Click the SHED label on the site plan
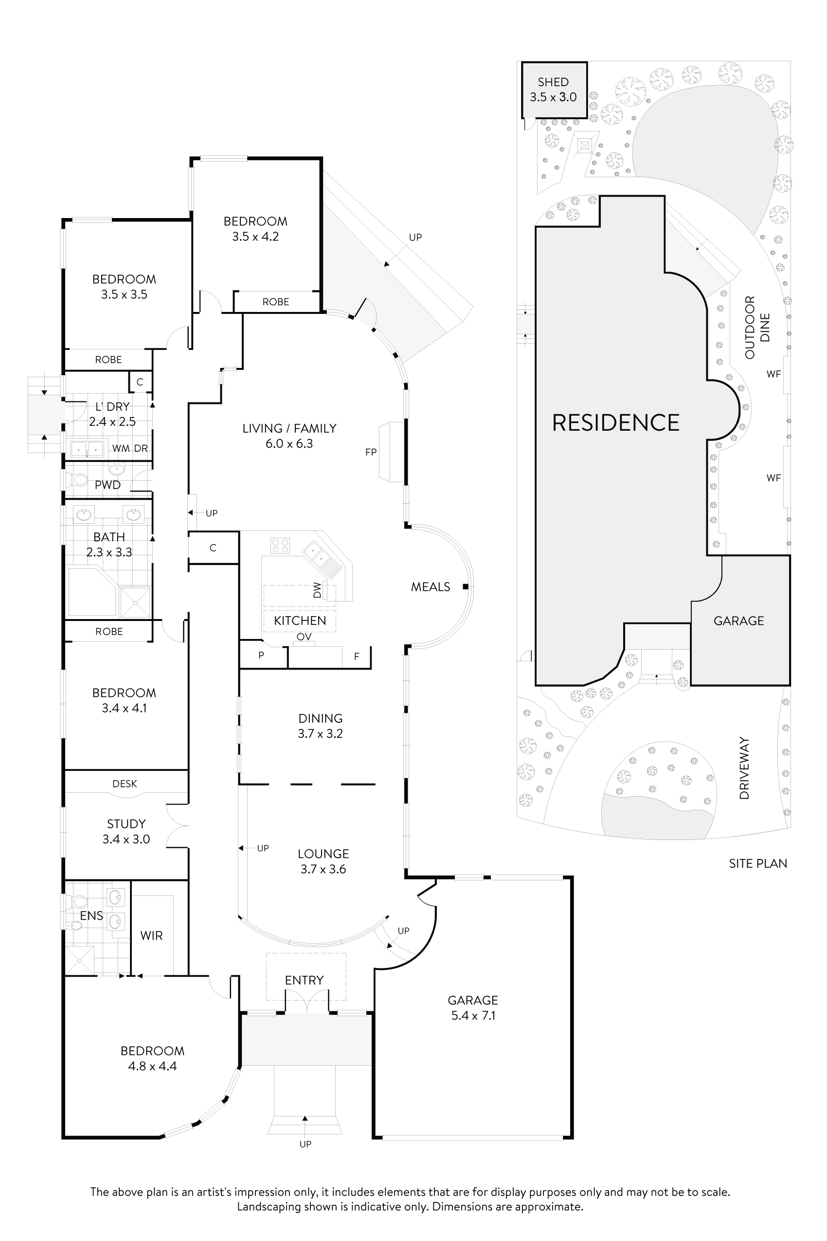point(553,82)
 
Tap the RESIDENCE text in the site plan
point(615,422)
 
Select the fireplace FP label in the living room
point(371,452)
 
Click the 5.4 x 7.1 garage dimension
point(473,1016)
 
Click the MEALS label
point(431,587)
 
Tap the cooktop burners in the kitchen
point(280,545)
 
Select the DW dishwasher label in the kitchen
point(317,590)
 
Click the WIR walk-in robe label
point(151,935)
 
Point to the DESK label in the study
point(125,784)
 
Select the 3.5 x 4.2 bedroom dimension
point(255,237)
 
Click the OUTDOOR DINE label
point(757,327)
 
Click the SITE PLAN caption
point(758,864)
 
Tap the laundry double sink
point(88,449)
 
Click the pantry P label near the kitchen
point(261,656)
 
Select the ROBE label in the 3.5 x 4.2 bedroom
point(275,302)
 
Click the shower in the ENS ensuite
point(80,960)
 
